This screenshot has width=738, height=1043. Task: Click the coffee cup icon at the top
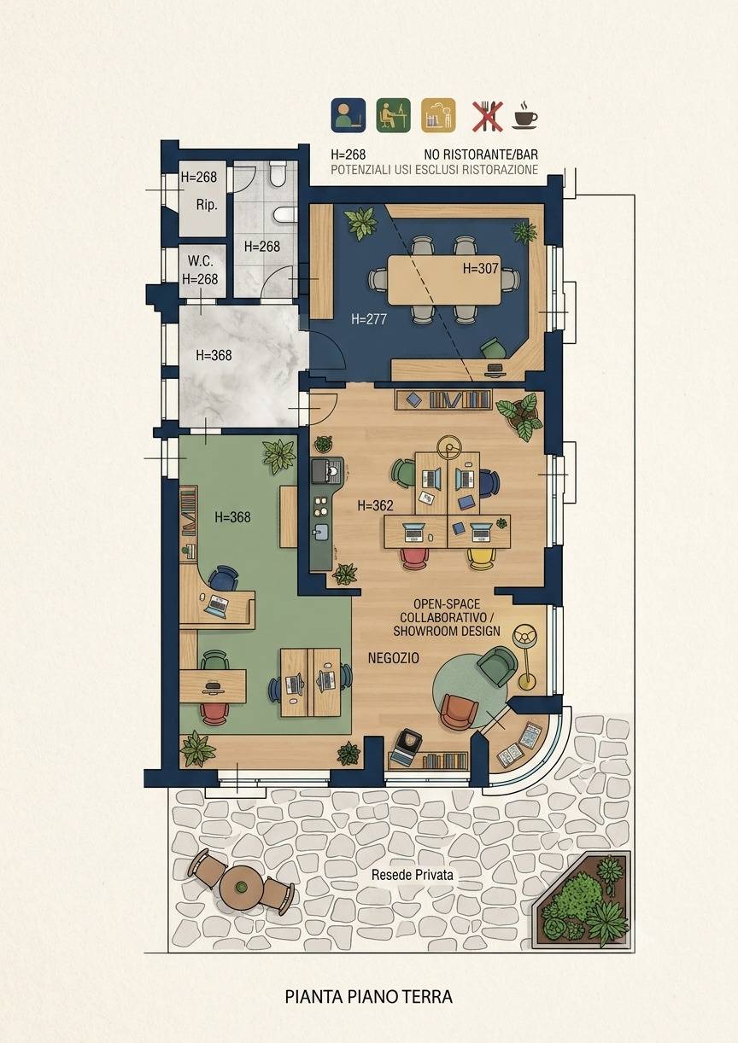tap(525, 114)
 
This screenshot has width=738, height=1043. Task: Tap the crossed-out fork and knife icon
tap(488, 115)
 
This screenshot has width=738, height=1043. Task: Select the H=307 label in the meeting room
tap(480, 269)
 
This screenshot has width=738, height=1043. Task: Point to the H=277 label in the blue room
tap(369, 319)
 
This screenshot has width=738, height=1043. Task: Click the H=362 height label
tap(376, 505)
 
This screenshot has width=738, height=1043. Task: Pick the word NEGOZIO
tap(393, 658)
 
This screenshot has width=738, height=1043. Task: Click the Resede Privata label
tap(413, 875)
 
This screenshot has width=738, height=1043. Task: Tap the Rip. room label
tap(207, 205)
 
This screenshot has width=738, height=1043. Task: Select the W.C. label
tap(201, 260)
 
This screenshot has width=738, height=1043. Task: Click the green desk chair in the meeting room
tap(493, 348)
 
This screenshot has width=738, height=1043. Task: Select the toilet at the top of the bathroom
tap(278, 174)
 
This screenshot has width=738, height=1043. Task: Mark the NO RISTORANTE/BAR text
tap(481, 154)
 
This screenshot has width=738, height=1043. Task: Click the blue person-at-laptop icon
tap(348, 115)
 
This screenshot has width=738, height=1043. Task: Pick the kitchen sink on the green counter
tap(321, 532)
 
